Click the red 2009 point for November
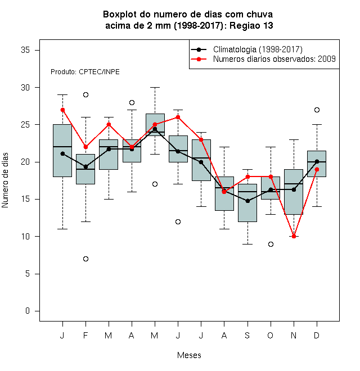294,236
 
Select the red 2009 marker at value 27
62,110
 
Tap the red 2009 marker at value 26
178,117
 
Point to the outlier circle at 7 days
85,259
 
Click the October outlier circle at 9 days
271,244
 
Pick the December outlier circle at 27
317,110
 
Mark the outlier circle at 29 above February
85,95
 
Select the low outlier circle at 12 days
178,221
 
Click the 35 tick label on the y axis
25,50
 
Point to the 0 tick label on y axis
28,311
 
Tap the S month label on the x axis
247,335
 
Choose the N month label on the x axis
294,335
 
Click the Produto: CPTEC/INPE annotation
85,72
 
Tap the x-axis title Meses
189,355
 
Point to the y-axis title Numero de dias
5,180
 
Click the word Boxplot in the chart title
120,15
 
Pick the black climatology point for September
247,201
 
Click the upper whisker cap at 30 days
155,87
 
